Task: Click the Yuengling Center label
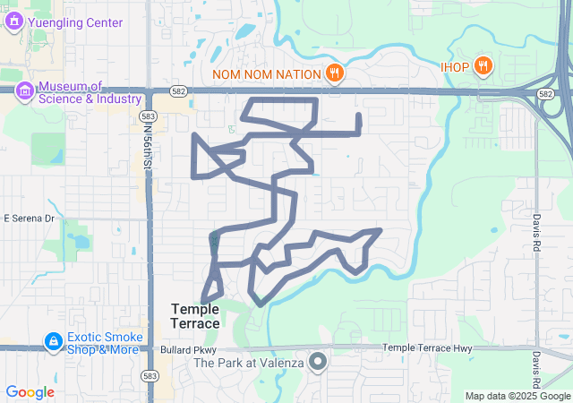click(78, 22)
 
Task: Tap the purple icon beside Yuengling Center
click(13, 21)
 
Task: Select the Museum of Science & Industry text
click(90, 92)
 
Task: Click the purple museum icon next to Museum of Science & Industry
click(24, 90)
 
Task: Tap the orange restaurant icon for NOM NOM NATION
click(334, 72)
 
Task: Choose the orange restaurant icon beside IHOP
click(483, 65)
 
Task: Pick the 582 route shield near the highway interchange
click(545, 92)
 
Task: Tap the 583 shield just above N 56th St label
click(149, 116)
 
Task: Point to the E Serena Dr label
click(30, 218)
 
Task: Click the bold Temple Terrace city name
click(194, 316)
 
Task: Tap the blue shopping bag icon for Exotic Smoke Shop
click(54, 342)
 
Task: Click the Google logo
click(30, 391)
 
